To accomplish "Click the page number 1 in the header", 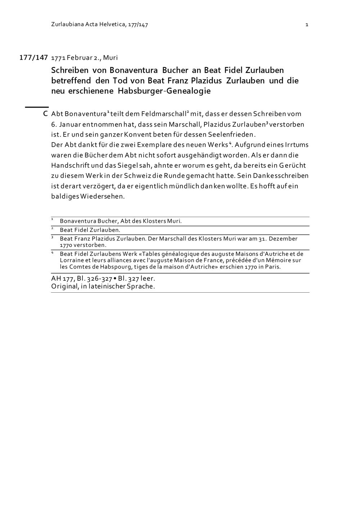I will click(x=306, y=25).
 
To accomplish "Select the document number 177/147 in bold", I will click(x=33, y=58).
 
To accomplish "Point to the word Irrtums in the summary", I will click(x=297, y=145).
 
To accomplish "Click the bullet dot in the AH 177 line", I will click(x=115, y=279).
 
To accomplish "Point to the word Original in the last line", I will click(x=64, y=287).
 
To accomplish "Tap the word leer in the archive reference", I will click(x=147, y=279).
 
